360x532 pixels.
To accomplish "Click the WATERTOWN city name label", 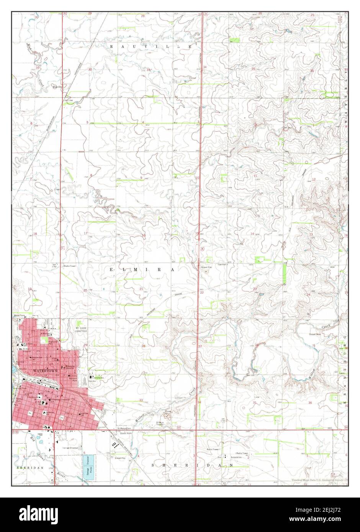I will (x=45, y=371).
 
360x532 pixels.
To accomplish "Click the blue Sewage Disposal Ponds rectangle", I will (x=87, y=465).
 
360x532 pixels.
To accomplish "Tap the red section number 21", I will (x=141, y=289).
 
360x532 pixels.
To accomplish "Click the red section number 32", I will (x=90, y=69).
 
